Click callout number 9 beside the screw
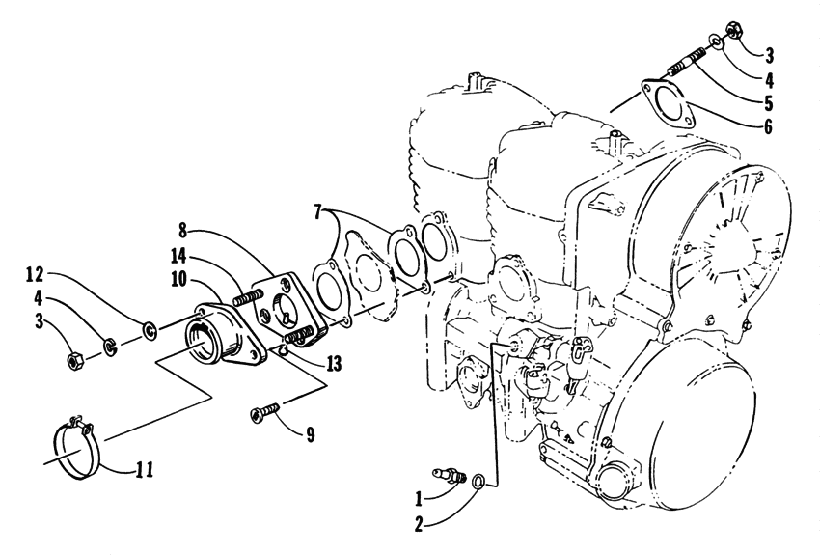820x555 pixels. (x=310, y=433)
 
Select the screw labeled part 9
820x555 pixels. (x=265, y=413)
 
